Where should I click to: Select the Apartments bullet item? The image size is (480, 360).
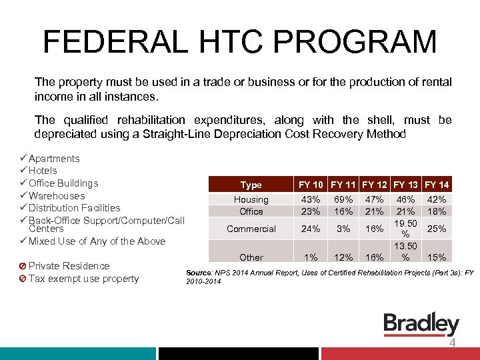click(53, 159)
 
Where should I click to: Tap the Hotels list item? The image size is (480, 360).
click(43, 171)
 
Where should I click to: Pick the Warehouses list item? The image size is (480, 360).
click(57, 196)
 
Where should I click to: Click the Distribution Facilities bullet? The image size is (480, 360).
click(74, 208)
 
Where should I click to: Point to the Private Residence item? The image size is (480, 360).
click(68, 266)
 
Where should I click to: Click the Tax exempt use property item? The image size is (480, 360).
click(83, 279)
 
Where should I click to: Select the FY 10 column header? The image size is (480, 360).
click(311, 185)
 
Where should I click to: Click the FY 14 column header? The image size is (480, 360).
click(437, 185)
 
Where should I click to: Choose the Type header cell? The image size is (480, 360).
click(251, 185)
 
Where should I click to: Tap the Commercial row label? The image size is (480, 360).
click(251, 229)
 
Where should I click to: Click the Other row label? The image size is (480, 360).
click(251, 257)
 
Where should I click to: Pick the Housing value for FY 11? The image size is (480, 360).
click(343, 199)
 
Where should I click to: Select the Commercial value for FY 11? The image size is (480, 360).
click(343, 229)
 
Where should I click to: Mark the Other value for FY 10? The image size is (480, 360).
click(311, 257)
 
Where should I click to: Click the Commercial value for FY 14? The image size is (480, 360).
click(437, 229)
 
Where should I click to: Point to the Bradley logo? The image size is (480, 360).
click(421, 325)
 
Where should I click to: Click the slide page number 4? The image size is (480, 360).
click(452, 343)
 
